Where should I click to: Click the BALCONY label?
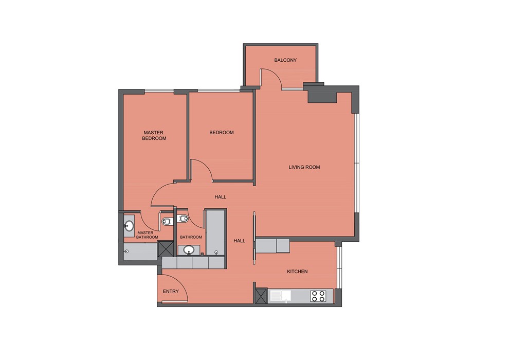pos(285,60)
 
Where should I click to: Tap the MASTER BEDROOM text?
pos(154,135)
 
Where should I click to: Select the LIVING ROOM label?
pos(304,167)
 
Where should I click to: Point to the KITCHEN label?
pos(297,272)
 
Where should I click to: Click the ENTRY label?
pos(171,291)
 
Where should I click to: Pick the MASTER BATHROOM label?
pos(147,235)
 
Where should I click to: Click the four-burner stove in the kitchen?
pos(318,296)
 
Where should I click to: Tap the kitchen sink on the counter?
pos(280,296)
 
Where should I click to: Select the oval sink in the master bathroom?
pos(129,226)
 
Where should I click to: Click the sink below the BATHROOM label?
pos(189,250)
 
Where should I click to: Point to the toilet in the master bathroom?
pos(167,222)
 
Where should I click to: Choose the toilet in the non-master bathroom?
pos(183,219)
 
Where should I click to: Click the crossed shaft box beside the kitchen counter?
pos(261,296)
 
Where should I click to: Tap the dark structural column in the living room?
pos(321,95)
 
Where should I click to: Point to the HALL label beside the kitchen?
pos(240,241)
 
